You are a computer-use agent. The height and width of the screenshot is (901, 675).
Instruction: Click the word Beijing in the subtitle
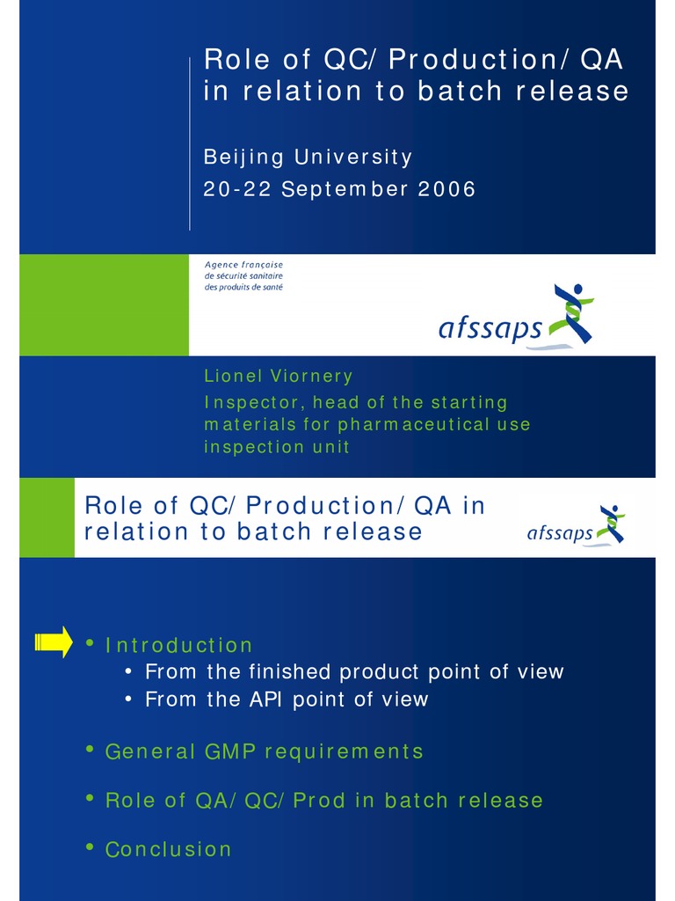pos(243,158)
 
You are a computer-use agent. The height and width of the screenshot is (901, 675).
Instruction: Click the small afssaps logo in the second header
pos(560,532)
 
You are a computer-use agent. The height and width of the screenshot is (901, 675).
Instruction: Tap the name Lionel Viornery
pos(278,377)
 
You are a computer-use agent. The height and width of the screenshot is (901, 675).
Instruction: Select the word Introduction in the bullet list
pos(178,645)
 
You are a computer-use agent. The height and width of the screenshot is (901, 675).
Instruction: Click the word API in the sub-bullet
pos(269,700)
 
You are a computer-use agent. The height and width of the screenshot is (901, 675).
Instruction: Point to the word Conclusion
pos(168,849)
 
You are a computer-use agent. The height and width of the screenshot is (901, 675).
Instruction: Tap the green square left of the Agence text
pos(104,304)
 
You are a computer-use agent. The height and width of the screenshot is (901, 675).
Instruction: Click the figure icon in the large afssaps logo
pos(571,312)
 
